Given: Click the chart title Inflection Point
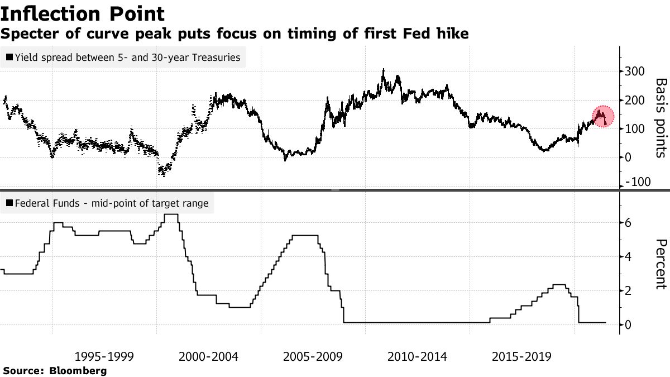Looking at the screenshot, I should (x=83, y=13).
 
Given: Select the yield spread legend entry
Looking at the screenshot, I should (x=123, y=56).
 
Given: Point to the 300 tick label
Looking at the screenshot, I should (x=636, y=71).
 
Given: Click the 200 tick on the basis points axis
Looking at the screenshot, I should (x=636, y=101).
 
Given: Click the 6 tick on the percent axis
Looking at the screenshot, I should (x=629, y=223).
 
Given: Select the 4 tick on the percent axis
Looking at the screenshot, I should (x=629, y=257).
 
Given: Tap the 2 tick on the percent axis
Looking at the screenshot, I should (x=629, y=291).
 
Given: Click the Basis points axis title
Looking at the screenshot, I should (x=660, y=117).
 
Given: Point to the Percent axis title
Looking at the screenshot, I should (x=660, y=264).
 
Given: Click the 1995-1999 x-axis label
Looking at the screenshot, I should (x=104, y=357).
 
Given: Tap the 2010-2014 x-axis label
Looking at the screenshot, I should (x=417, y=357).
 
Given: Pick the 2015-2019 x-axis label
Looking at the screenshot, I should (x=521, y=357).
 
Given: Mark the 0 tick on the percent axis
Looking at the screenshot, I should (x=629, y=325).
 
